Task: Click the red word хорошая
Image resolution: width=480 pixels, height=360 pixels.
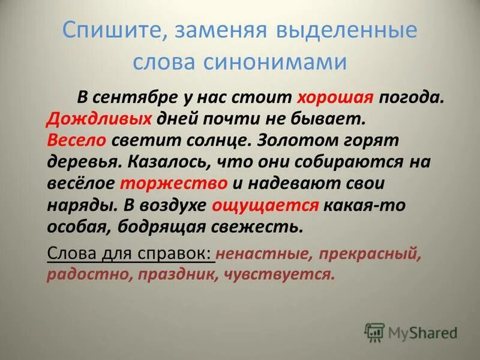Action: click(x=335, y=97)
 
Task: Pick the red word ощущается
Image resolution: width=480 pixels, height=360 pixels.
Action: click(x=265, y=205)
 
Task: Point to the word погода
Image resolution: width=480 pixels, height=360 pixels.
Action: click(x=410, y=97)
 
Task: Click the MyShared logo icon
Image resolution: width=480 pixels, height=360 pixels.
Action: click(x=374, y=331)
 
